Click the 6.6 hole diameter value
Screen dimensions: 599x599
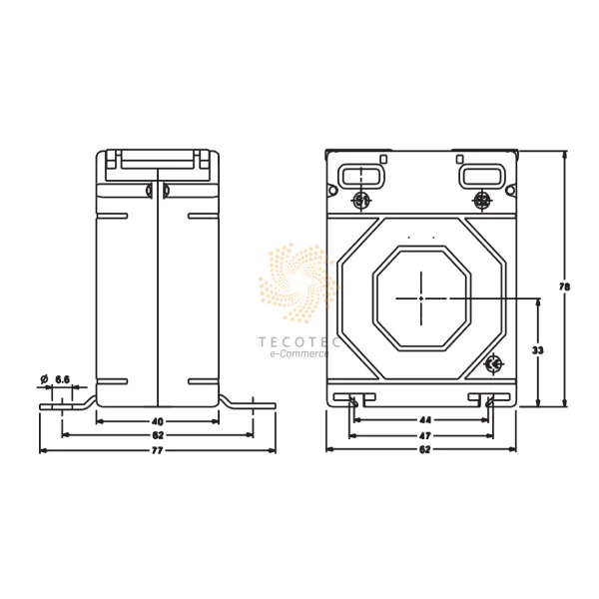62,379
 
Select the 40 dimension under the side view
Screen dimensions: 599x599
157,422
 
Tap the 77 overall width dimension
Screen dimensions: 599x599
157,451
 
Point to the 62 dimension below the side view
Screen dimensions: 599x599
157,437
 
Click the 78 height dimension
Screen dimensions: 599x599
565,287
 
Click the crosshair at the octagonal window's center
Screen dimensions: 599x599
421,298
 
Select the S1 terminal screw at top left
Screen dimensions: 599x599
361,202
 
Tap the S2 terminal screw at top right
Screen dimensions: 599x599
482,202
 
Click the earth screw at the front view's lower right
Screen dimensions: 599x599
492,365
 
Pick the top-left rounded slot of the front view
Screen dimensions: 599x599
355,177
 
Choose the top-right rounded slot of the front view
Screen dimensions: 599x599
478,177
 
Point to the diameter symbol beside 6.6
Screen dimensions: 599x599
44,379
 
